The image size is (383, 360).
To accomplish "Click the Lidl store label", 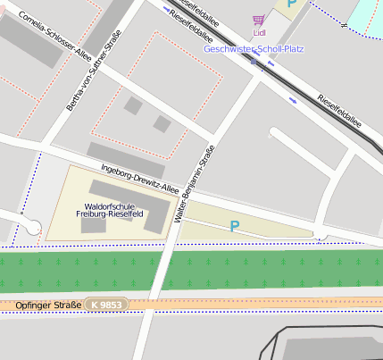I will pos(260,33).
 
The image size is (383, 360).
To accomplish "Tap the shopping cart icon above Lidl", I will pos(259,20).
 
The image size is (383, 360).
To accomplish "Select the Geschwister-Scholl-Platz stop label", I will pos(254,48).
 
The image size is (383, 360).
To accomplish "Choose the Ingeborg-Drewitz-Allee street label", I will pos(141,178).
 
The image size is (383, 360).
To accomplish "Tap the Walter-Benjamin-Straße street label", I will pos(195,183).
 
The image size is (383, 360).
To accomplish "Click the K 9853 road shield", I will pos(106,306).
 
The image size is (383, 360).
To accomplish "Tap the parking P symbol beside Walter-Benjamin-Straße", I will pos(235,227).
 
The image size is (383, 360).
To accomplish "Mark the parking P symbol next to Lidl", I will pos(291,4).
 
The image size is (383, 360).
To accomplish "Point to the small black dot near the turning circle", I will pos(21,213).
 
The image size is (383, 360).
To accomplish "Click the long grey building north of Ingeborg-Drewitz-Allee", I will pos(126,159).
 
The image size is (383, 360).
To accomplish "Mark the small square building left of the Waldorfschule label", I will pos(94,226).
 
